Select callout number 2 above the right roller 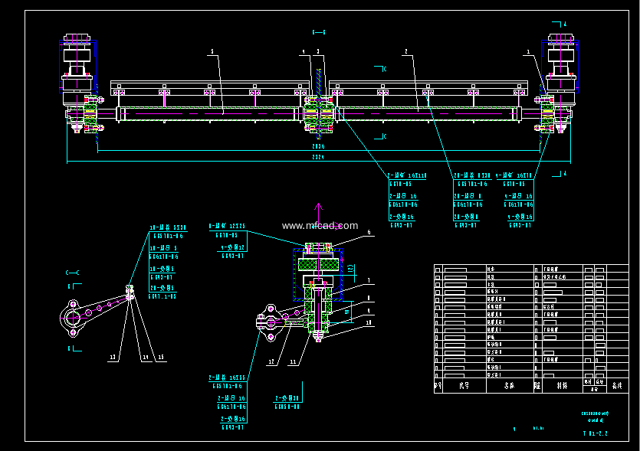(x=405, y=51)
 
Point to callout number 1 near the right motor (x=528, y=52)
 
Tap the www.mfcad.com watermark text (x=320, y=226)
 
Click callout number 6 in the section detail (x=368, y=232)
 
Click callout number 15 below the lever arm (x=162, y=356)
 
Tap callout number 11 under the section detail (x=292, y=361)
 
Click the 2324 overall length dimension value (x=318, y=158)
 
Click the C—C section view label (x=73, y=273)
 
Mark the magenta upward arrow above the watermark (x=320, y=208)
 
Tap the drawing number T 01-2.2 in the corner (x=595, y=433)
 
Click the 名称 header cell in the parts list (x=510, y=387)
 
